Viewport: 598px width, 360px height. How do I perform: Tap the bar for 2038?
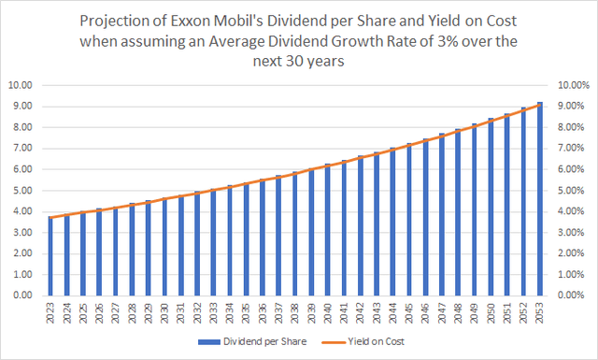295,234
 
